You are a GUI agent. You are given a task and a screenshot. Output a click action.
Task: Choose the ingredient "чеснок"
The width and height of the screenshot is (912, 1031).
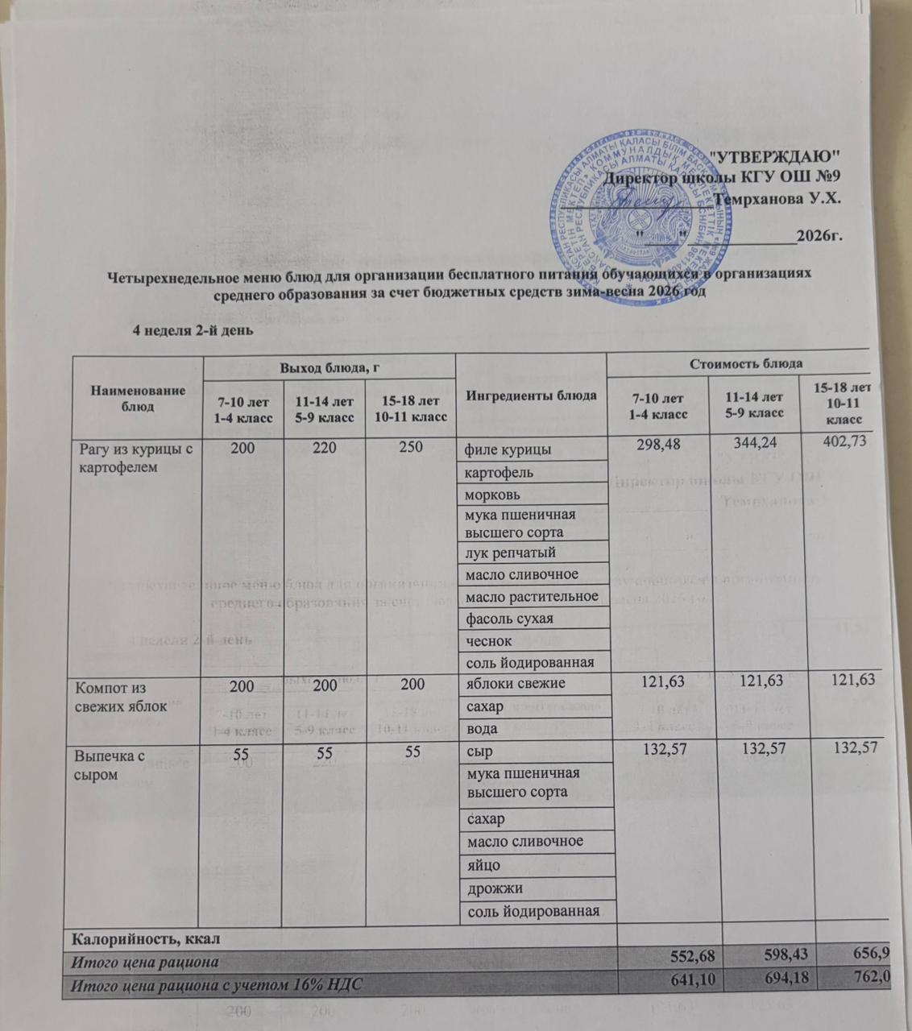coord(487,641)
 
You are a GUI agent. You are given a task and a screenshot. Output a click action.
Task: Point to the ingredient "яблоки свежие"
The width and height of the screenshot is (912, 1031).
coord(512,684)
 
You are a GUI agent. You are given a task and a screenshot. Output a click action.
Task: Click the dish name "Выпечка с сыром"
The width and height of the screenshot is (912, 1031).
coord(110,765)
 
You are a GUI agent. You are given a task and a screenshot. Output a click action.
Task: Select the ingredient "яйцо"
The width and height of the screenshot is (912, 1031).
coord(483,865)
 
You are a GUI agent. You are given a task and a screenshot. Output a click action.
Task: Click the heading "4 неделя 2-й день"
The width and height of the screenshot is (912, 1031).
coord(193,329)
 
